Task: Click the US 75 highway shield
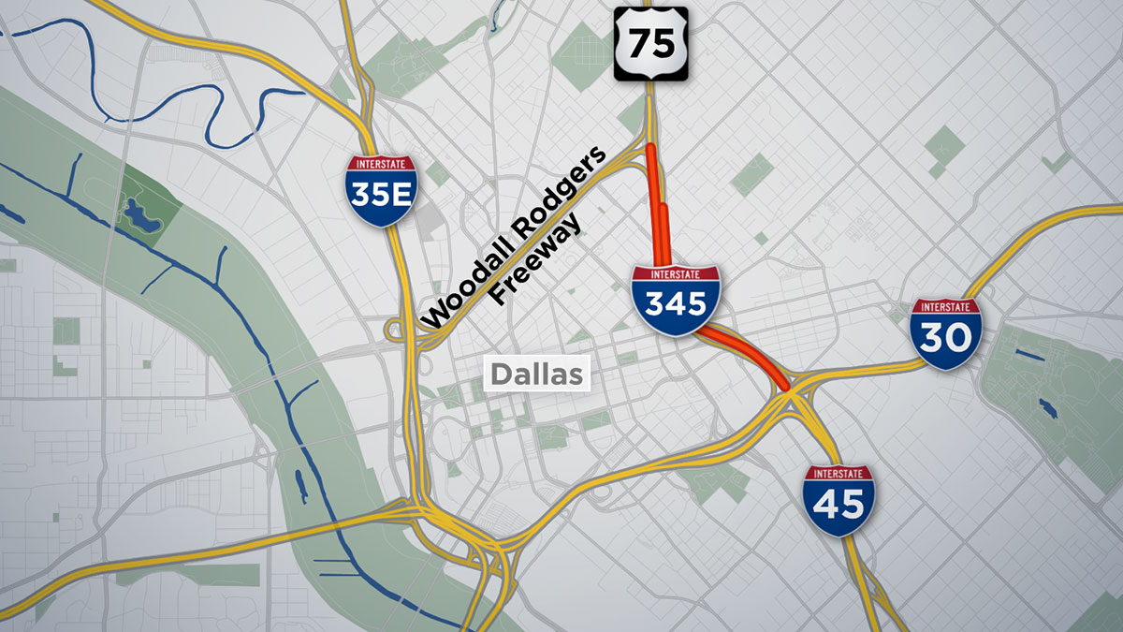coord(650,43)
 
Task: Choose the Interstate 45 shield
coord(839,500)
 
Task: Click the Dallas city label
coord(538,375)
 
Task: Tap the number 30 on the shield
coord(946,338)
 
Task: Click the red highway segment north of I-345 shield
coord(657,206)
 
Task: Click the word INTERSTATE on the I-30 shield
coord(946,307)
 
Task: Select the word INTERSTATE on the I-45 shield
coord(839,473)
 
